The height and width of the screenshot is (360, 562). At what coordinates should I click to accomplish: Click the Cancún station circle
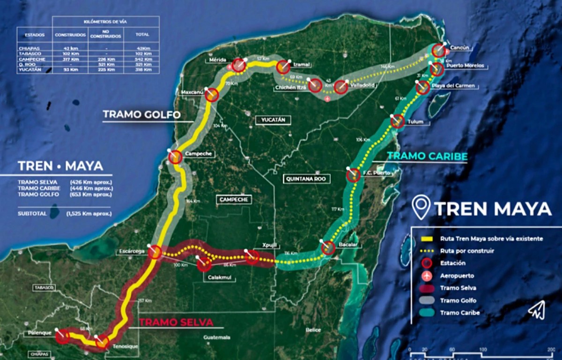click(x=439, y=50)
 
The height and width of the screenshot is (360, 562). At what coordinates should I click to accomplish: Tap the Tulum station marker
click(x=398, y=121)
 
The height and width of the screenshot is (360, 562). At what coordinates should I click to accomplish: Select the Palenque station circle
click(x=62, y=336)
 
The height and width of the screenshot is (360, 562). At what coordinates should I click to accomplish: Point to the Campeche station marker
click(x=175, y=157)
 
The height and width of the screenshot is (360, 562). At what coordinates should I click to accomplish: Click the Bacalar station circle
click(x=328, y=248)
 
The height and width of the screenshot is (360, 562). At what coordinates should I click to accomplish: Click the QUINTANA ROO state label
click(x=307, y=178)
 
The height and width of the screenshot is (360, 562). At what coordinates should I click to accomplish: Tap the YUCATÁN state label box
click(x=270, y=120)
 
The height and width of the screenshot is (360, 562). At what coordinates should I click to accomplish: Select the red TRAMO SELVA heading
click(x=176, y=322)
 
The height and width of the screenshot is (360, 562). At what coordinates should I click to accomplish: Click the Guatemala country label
click(x=217, y=337)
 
